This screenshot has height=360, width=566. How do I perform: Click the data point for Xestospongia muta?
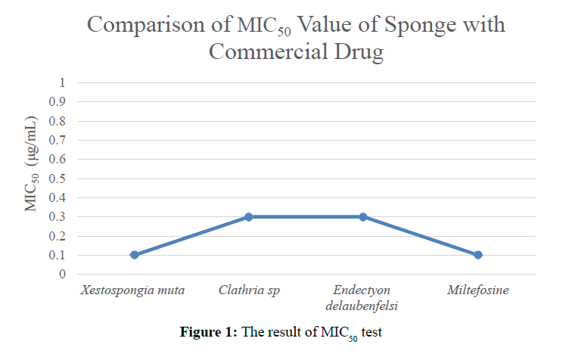(134, 255)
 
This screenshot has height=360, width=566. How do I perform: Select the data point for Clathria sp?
(248, 217)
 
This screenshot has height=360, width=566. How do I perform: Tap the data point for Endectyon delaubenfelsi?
(363, 217)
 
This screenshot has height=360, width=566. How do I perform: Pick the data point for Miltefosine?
(477, 255)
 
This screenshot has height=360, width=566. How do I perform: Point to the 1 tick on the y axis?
(63, 82)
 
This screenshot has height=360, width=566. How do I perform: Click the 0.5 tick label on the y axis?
(58, 178)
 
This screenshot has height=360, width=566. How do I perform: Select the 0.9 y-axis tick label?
(58, 101)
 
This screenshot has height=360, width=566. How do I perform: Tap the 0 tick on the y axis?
(63, 275)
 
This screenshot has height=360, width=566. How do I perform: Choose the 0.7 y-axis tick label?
(58, 140)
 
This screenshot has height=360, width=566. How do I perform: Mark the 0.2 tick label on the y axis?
(58, 236)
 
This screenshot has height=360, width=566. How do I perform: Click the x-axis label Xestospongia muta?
(134, 290)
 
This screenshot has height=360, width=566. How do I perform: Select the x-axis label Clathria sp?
(248, 290)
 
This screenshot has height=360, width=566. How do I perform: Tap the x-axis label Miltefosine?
(477, 290)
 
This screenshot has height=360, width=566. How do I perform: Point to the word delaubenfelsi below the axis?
(363, 306)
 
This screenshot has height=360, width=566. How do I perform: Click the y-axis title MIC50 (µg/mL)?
(32, 165)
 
